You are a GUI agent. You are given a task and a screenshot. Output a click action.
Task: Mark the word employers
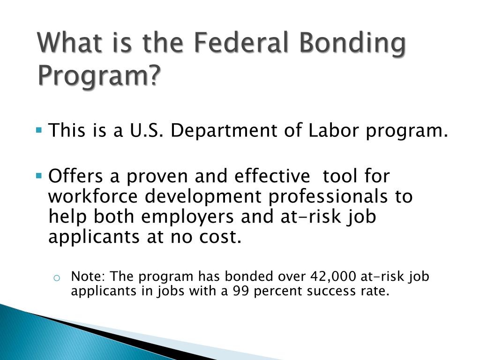pyautogui.click(x=187, y=218)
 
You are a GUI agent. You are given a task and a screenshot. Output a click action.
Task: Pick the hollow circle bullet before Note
pyautogui.click(x=57, y=277)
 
